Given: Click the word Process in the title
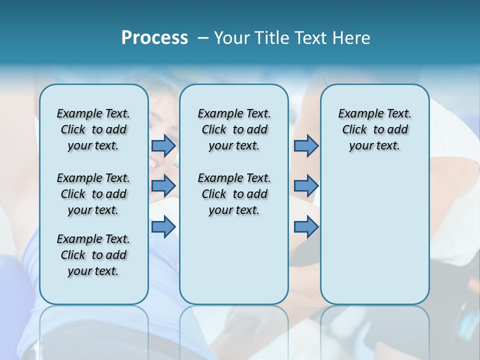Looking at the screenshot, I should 154,38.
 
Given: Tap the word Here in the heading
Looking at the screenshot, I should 351,38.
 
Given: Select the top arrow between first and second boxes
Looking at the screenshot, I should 163,145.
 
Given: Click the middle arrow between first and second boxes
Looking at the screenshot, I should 163,186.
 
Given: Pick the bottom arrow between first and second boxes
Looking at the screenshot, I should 163,227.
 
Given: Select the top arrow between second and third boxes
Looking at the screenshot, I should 306,145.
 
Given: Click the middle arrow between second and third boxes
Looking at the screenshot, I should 306,186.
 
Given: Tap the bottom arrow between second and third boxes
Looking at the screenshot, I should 306,227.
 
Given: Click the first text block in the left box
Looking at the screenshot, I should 93,129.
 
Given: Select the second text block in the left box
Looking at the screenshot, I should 93,194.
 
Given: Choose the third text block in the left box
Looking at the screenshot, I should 93,255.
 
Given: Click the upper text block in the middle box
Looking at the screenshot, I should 234,129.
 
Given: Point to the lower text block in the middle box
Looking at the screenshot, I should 234,194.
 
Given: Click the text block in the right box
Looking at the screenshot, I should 374,129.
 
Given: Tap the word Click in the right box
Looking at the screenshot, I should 354,130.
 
